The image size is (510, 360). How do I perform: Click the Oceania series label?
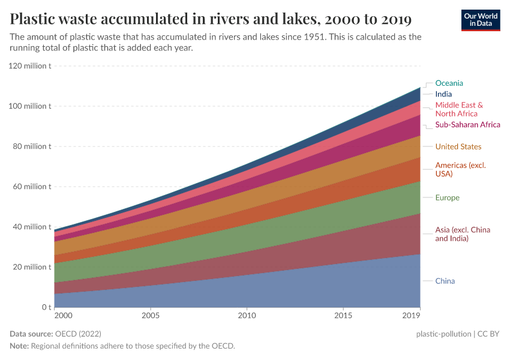(449, 83)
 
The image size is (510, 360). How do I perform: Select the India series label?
(443, 94)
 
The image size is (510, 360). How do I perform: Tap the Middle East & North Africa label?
(459, 109)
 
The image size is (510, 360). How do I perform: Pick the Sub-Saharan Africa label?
(467, 125)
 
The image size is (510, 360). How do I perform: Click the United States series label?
(458, 146)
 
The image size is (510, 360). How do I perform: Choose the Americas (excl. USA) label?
(460, 169)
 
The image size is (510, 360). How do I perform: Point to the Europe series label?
(447, 197)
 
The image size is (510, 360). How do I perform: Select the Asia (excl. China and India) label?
(463, 234)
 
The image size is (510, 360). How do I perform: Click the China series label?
(445, 281)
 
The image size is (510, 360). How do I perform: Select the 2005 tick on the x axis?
(150, 315)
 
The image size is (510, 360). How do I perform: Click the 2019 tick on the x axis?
(411, 315)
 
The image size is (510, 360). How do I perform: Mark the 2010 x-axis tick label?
(247, 315)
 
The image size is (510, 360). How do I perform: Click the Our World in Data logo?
(481, 19)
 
